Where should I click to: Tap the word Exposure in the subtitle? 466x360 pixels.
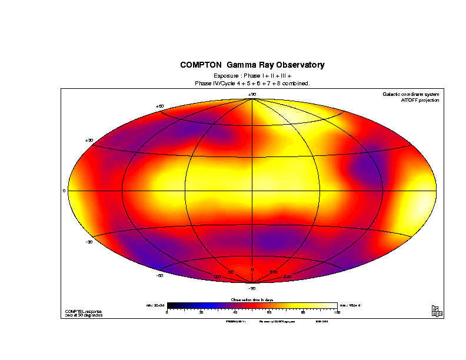(227, 76)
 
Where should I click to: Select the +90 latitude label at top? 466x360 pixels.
(252, 94)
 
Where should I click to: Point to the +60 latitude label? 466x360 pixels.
(159, 106)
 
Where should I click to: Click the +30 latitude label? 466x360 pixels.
(89, 140)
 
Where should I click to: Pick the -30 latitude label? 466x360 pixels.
(89, 242)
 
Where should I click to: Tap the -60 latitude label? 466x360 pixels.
(159, 275)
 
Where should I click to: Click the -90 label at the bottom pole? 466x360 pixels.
(252, 288)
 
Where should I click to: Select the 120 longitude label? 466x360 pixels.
(217, 276)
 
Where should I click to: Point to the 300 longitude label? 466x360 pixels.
(273, 272)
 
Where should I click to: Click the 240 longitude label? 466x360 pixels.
(288, 276)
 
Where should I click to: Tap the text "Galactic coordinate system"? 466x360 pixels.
(411, 94)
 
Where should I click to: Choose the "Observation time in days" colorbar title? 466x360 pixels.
(252, 300)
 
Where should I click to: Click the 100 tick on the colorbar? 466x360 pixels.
(337, 312)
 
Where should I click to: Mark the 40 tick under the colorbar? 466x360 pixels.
(235, 312)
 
